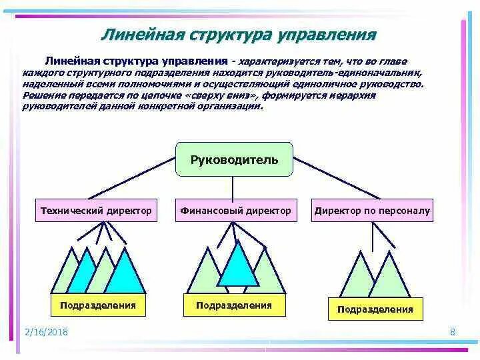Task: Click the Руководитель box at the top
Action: pos(234,160)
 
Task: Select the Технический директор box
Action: pos(97,211)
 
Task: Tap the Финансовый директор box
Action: pos(235,211)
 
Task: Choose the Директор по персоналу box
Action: pos(373,211)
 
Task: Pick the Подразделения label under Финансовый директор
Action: pos(234,305)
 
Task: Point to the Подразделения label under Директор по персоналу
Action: pos(375,309)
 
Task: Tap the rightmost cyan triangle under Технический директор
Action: pos(125,275)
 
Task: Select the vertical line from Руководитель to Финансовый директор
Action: pos(235,187)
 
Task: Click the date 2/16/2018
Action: pos(46,332)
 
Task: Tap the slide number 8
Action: pos(453,332)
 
